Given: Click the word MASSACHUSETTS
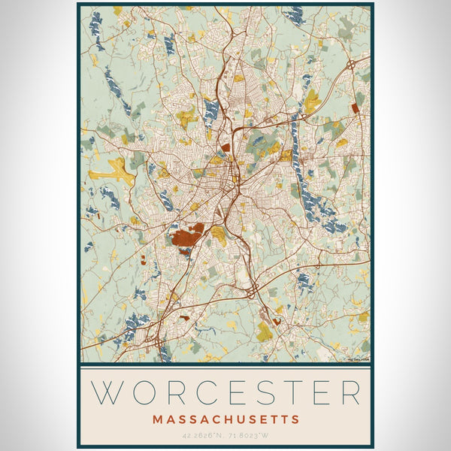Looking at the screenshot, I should [225, 419].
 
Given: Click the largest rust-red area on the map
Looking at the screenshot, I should [186, 237].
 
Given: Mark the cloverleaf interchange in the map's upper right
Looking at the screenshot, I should [351, 66].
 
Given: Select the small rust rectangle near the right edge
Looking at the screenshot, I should [355, 108].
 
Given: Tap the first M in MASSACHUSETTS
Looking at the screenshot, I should [156, 419].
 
